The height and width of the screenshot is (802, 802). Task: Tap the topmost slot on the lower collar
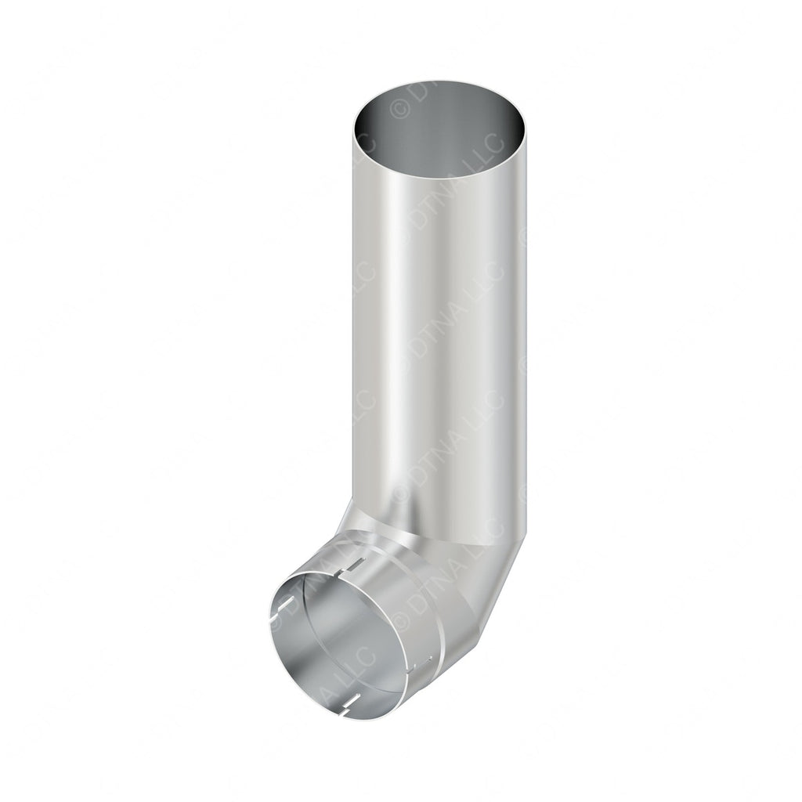pos(357,565)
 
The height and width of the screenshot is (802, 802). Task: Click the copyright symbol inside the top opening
pos(399,110)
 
